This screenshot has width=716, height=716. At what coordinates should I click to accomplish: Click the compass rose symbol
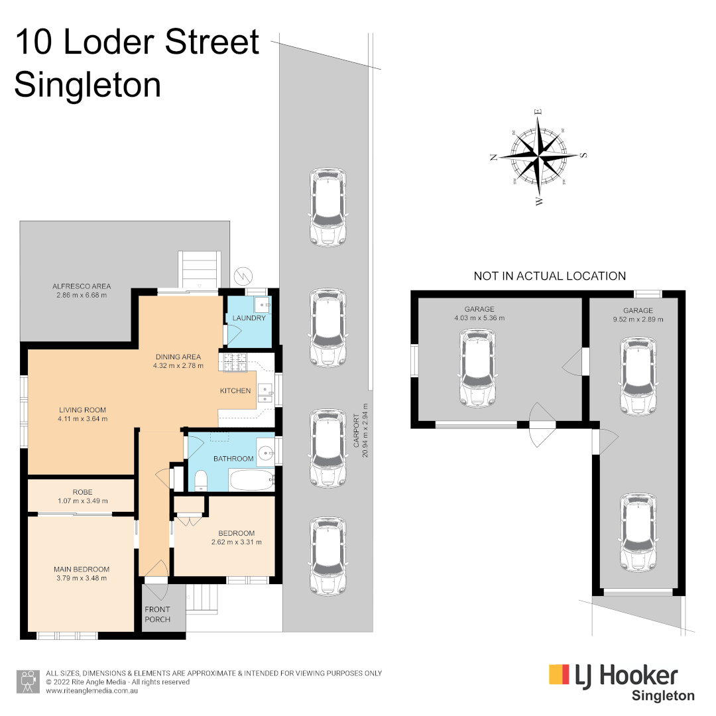[540, 157]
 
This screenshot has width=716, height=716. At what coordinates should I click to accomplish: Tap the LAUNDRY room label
[249, 318]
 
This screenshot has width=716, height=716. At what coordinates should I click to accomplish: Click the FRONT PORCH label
[157, 614]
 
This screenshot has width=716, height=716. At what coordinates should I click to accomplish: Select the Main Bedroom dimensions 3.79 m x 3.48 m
[82, 578]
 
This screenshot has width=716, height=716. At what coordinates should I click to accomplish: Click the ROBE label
[82, 492]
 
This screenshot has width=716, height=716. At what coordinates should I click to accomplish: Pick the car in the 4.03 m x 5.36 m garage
[477, 369]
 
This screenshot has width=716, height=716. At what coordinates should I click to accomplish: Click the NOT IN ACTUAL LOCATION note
[550, 276]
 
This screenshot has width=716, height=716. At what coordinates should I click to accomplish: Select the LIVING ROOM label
[82, 410]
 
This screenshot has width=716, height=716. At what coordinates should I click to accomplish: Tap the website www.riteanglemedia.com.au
[91, 691]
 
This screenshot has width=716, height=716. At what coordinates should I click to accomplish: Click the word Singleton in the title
[88, 86]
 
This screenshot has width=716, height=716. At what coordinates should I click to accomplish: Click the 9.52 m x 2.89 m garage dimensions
[638, 319]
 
